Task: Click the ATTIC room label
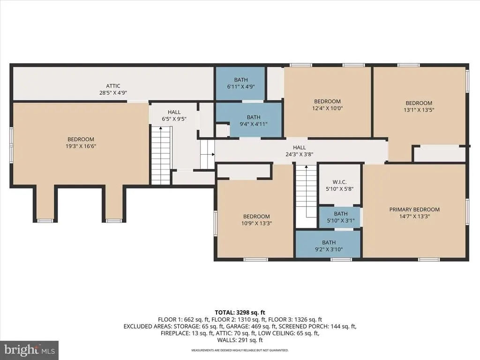tap(113, 86)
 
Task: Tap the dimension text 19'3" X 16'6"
tap(81, 146)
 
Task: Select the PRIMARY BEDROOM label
tap(414, 210)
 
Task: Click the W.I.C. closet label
tap(339, 182)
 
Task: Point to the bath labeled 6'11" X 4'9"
tap(241, 83)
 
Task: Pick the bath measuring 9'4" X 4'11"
tap(254, 120)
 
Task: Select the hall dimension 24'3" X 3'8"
tap(300, 154)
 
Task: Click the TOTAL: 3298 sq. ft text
tap(240, 313)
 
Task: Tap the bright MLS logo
tap(30, 350)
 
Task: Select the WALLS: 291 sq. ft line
tap(240, 340)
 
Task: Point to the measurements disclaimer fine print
tap(240, 350)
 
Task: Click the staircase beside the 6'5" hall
tap(161, 156)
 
